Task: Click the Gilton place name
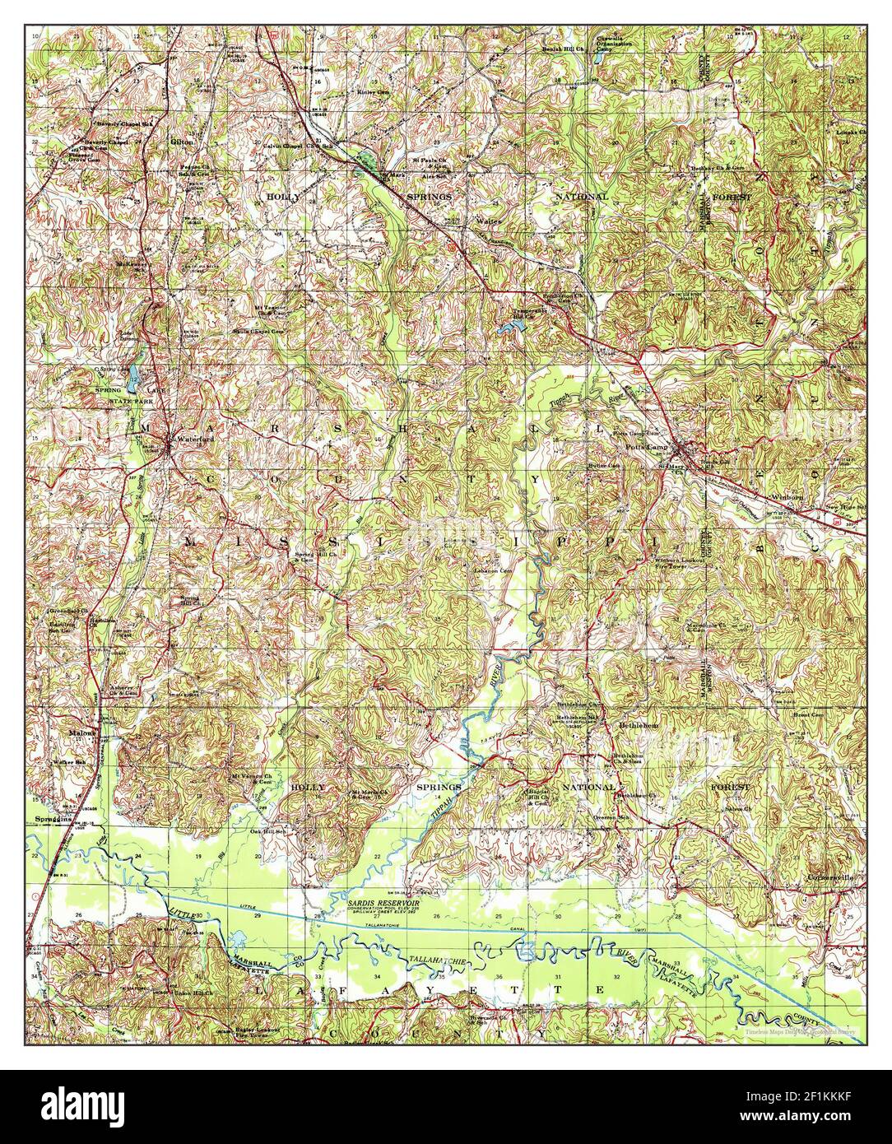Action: click(181, 142)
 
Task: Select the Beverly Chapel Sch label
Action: click(124, 123)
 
